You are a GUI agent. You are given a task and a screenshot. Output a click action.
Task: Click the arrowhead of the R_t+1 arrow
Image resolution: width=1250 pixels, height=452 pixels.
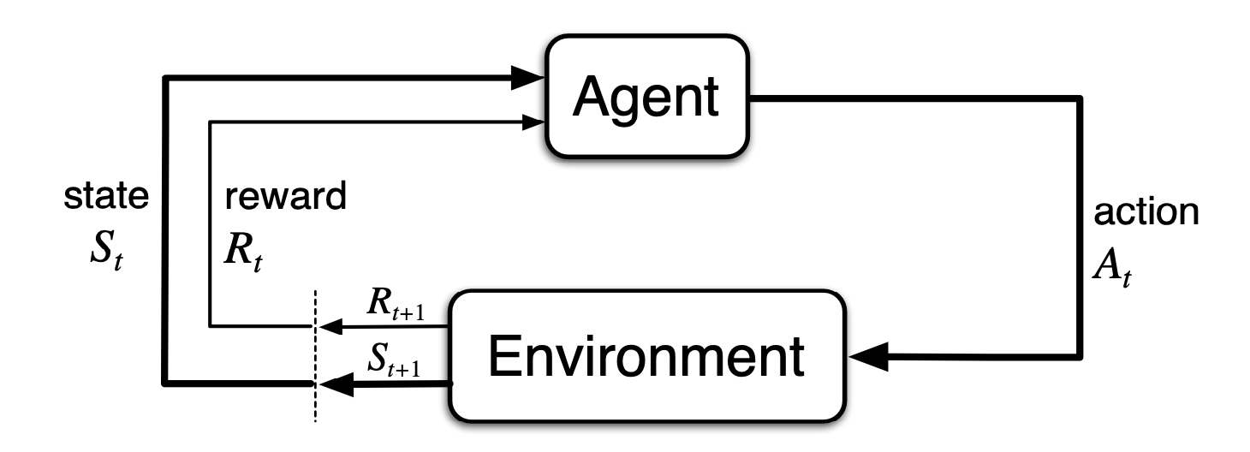328,325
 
